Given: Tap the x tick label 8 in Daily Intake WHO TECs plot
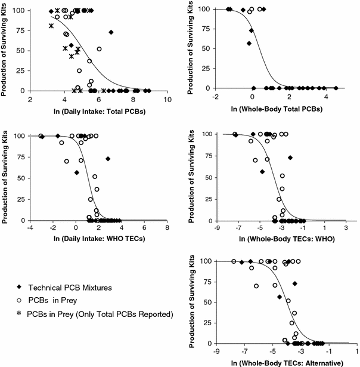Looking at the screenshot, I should [167, 228].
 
